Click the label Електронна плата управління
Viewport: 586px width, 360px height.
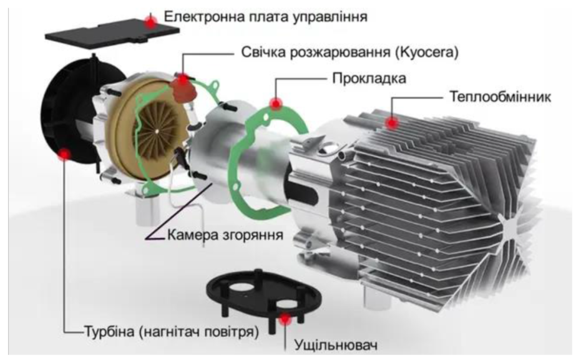(266, 17)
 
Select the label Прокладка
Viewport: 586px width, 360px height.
(369, 79)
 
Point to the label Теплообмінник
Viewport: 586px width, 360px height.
(501, 97)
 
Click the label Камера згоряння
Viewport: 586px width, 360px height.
(225, 235)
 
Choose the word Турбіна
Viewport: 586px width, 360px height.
(109, 331)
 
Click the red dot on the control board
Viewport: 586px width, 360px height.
(151, 23)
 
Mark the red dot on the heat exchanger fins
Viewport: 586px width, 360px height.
(392, 122)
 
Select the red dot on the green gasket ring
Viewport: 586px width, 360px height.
(276, 104)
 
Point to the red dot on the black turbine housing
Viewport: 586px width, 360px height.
(65, 154)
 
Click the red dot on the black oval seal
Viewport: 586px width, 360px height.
(285, 319)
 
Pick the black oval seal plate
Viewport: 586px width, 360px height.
(263, 296)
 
